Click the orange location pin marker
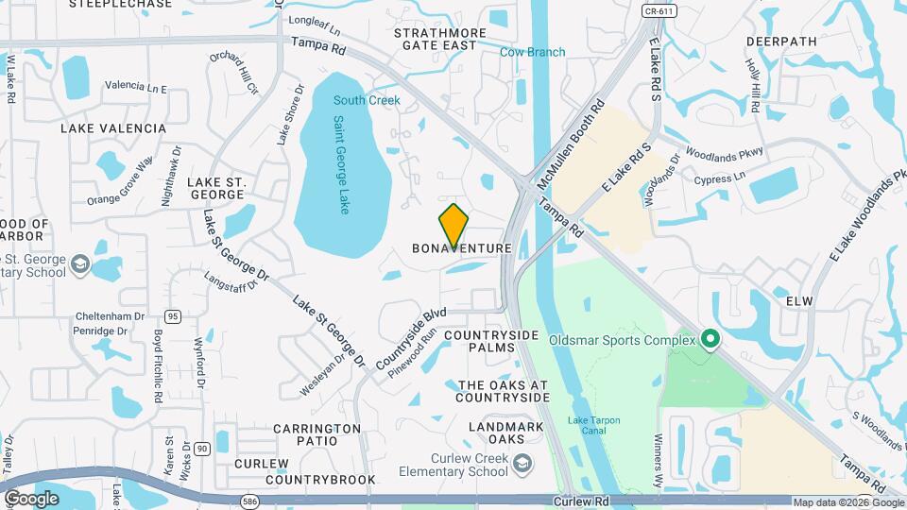tap(453, 225)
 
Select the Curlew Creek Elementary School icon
tap(523, 463)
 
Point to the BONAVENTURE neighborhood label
tap(462, 248)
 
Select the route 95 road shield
tap(172, 315)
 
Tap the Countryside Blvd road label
tap(410, 338)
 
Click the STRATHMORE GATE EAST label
tap(439, 39)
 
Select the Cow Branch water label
tap(532, 52)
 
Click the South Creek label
tap(366, 100)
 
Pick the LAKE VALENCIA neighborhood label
tap(112, 127)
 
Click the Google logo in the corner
tap(31, 498)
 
